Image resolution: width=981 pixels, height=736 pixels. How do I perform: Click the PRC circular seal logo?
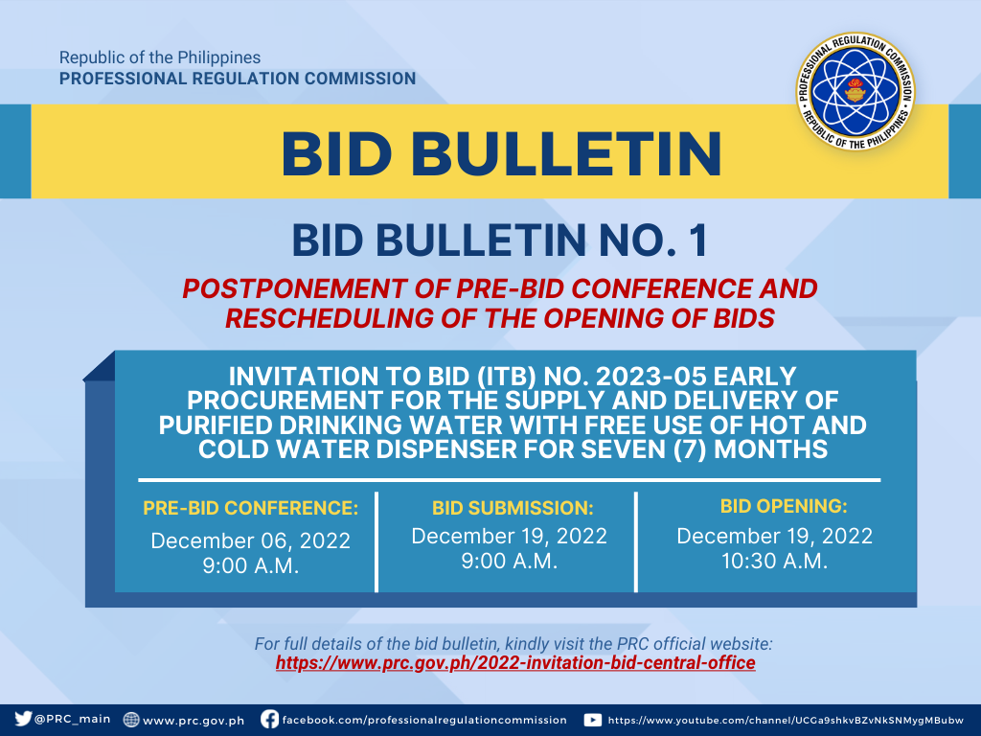click(x=855, y=91)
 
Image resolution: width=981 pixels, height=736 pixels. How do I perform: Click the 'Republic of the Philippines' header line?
click(x=160, y=57)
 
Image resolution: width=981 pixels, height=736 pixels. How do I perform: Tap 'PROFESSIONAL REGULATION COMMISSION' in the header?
click(x=238, y=79)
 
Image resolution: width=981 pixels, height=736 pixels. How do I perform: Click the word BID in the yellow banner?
click(x=336, y=154)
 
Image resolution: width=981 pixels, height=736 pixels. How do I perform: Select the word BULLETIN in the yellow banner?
click(x=566, y=154)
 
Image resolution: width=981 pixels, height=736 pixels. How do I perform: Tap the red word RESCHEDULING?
click(x=330, y=318)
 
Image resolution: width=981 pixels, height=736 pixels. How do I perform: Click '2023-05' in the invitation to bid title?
click(x=650, y=377)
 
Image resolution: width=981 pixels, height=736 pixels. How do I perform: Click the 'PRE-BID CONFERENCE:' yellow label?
click(x=250, y=508)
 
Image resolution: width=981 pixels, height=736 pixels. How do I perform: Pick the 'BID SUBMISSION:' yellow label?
click(x=513, y=508)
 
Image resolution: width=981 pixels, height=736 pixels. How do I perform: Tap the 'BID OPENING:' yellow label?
click(x=784, y=506)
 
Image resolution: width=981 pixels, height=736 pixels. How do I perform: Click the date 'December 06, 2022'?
click(x=250, y=540)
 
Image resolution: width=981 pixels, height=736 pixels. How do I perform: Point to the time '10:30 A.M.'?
click(x=774, y=561)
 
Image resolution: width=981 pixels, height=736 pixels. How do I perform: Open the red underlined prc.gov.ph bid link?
click(x=515, y=663)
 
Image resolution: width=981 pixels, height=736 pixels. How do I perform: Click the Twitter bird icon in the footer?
click(x=23, y=719)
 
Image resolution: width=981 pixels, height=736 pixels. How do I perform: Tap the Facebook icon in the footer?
click(x=269, y=719)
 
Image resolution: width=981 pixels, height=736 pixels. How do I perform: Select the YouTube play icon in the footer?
click(x=592, y=720)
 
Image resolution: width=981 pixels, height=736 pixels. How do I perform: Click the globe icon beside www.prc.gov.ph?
click(x=130, y=719)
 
